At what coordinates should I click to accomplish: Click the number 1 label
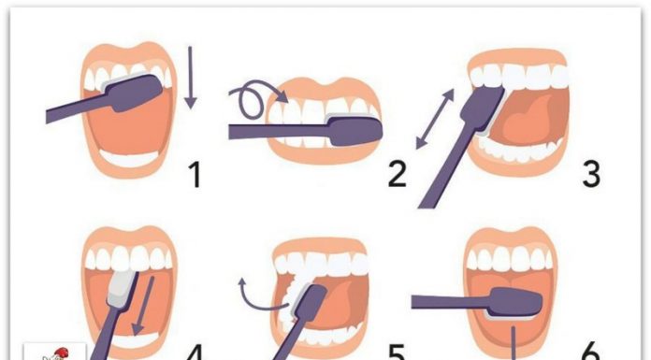[x=195, y=175]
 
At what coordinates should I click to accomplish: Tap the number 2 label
[x=398, y=175]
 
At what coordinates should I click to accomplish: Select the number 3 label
[x=592, y=175]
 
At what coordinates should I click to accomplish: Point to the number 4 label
[x=195, y=353]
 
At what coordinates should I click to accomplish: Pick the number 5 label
[x=397, y=353]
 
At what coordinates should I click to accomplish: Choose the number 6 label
[x=590, y=352]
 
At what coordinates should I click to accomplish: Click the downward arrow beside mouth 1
[x=191, y=78]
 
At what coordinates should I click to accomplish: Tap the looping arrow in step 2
[x=254, y=97]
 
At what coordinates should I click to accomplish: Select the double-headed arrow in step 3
[x=435, y=119]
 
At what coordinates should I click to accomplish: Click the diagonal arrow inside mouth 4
[x=143, y=306]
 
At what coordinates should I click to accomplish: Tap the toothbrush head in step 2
[x=355, y=130]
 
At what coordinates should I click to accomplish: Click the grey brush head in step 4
[x=122, y=288]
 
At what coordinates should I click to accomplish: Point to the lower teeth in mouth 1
[x=129, y=158]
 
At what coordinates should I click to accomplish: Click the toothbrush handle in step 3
[x=447, y=166]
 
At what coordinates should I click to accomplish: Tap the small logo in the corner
[x=54, y=352]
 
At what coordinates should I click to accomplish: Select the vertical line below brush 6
[x=514, y=343]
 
